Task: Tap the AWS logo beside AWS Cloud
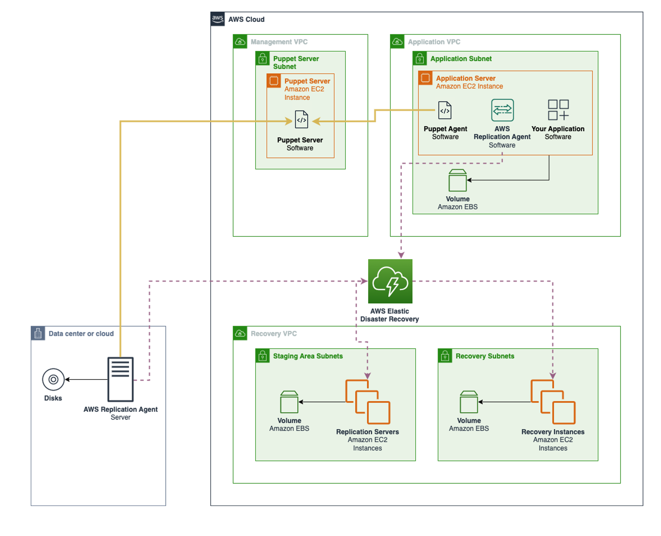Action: pyautogui.click(x=218, y=19)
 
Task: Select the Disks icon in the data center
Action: pyautogui.click(x=53, y=379)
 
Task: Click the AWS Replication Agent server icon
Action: pyautogui.click(x=120, y=379)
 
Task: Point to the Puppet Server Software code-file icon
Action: pyautogui.click(x=301, y=120)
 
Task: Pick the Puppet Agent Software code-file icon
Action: pyautogui.click(x=445, y=110)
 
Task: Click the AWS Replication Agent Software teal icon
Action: pyautogui.click(x=502, y=110)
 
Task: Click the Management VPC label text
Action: pyautogui.click(x=279, y=42)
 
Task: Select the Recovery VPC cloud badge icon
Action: pyautogui.click(x=240, y=334)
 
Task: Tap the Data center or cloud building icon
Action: pyautogui.click(x=38, y=334)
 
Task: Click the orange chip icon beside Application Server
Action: pyautogui.click(x=425, y=78)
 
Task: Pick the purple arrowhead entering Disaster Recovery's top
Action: pyautogui.click(x=401, y=255)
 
